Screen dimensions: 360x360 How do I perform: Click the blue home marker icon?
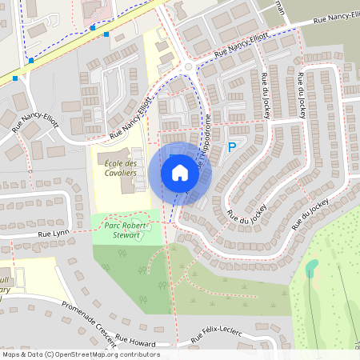point(180,173)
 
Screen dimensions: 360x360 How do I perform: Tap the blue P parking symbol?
point(232,147)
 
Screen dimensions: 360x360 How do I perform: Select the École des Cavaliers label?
point(121,169)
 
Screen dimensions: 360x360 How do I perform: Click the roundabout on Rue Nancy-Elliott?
point(189,67)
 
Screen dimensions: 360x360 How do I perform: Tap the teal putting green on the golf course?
point(311,266)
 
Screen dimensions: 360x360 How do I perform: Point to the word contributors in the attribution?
point(141,354)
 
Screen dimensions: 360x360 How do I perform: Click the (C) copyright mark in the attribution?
point(49,354)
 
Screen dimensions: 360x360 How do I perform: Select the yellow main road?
point(80,40)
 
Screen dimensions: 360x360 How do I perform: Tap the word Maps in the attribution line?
point(11,354)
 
